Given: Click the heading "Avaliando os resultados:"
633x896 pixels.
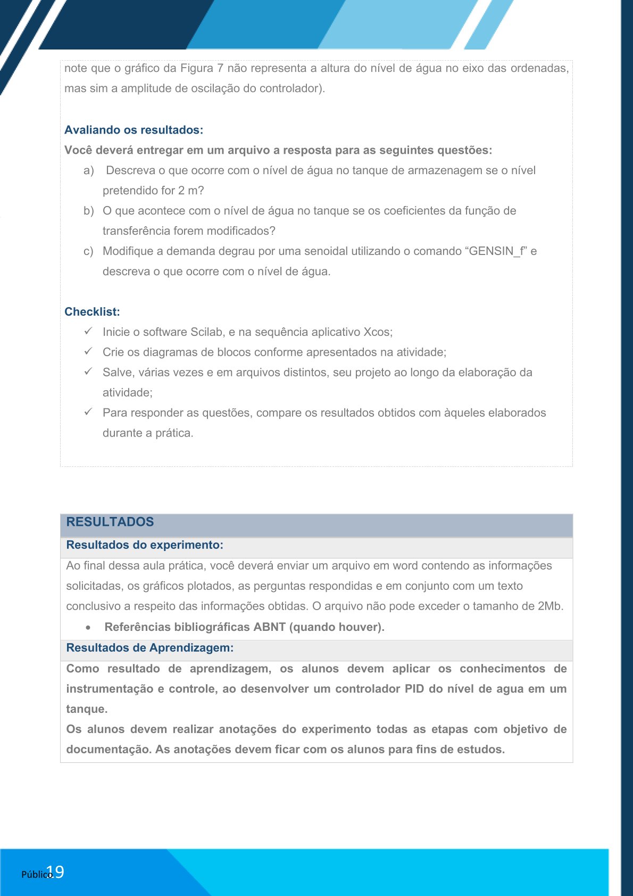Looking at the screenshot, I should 134,130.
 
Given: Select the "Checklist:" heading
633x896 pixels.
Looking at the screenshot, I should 92,312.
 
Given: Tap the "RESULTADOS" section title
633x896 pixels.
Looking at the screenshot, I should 110,522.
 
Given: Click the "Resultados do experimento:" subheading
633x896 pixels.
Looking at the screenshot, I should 145,545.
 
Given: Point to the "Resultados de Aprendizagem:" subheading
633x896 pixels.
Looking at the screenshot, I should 150,648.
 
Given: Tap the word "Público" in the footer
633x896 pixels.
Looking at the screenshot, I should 36,875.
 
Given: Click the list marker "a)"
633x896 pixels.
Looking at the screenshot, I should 89,170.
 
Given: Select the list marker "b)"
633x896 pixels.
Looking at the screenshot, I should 89,211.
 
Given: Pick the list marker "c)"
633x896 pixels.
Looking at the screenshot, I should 88,251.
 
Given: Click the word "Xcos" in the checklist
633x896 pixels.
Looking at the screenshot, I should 376,332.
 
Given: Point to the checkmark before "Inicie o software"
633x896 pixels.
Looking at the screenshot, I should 88,331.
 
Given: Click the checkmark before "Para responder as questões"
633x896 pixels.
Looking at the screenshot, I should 88,412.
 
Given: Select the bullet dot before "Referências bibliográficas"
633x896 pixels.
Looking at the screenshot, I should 88,628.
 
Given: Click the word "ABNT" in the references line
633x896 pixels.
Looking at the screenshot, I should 270,627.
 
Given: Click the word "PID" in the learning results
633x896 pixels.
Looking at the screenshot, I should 414,689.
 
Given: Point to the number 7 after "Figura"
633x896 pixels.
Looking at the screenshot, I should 220,68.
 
